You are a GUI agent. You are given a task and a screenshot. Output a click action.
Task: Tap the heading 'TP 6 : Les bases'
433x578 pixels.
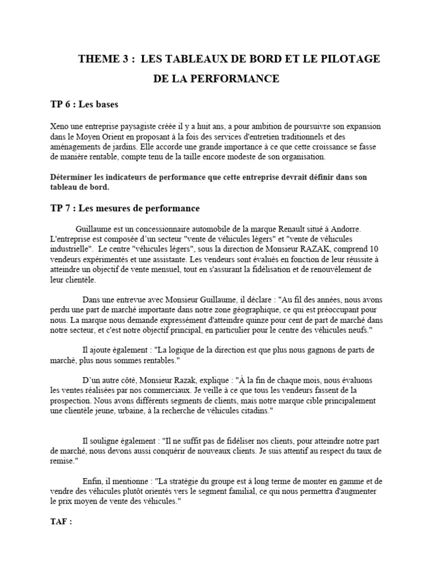pyautogui.click(x=85, y=104)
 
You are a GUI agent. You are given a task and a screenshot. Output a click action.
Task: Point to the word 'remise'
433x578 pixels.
pyautogui.click(x=61, y=461)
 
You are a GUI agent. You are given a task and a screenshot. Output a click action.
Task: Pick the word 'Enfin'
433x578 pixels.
pyautogui.click(x=93, y=481)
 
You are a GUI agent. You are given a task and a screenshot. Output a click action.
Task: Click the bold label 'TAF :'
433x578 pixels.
pyautogui.click(x=61, y=522)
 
